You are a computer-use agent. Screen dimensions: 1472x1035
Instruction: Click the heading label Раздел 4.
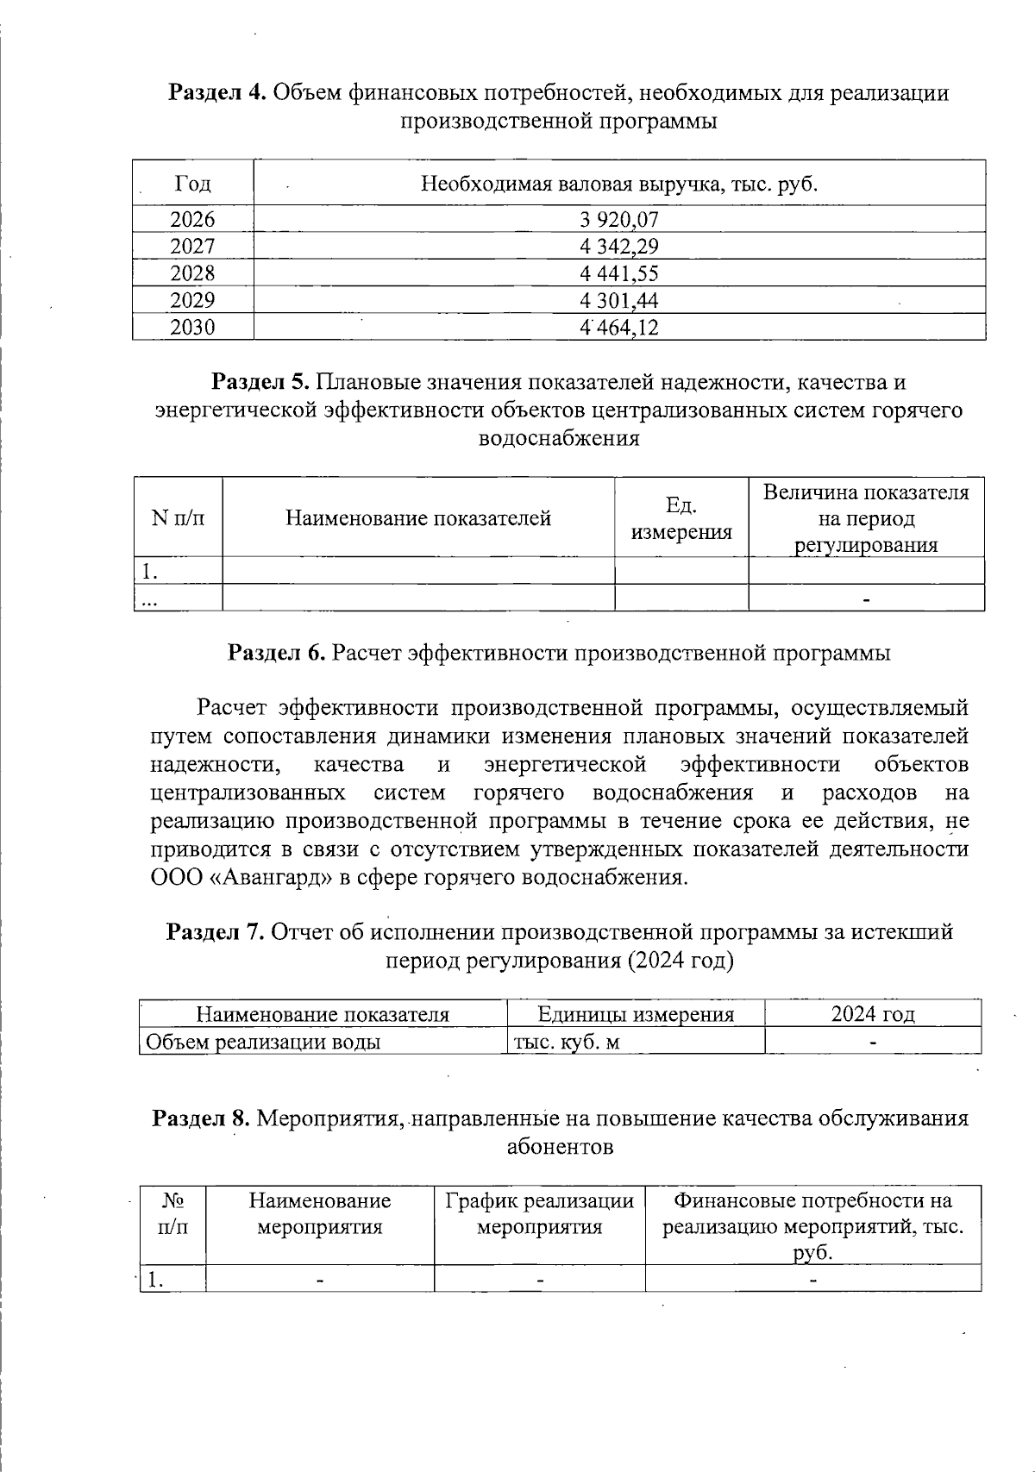pos(216,93)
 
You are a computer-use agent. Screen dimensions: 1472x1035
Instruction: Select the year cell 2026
pos(192,219)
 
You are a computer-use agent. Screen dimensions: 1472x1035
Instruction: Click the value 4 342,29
pos(619,247)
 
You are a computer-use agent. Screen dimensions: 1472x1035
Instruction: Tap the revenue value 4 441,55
pos(619,273)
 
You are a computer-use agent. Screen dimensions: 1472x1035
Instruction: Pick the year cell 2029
pos(192,300)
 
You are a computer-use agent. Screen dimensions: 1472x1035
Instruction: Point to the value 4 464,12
pos(619,327)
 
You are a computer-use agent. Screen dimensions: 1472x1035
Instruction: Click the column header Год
pos(192,183)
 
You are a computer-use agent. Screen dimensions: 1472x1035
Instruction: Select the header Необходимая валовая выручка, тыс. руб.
pos(619,183)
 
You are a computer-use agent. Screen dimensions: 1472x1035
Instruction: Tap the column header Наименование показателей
pos(418,518)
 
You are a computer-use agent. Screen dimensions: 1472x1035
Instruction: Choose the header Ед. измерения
pos(681,518)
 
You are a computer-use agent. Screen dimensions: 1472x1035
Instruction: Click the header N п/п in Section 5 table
pos(179,518)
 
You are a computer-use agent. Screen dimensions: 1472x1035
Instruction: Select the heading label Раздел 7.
pos(215,932)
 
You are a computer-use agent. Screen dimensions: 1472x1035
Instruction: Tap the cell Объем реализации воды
pos(263,1042)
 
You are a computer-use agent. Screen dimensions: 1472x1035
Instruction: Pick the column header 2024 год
pos(873,1014)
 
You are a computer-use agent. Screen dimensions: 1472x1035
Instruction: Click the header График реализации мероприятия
pos(539,1213)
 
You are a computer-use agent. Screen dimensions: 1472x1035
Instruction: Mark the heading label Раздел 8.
pos(201,1118)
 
